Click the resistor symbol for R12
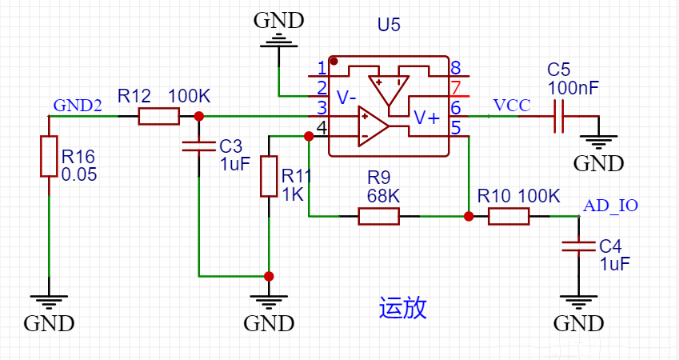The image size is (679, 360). coord(158,117)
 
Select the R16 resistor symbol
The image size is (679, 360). coord(49,156)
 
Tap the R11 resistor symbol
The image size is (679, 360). coord(269,176)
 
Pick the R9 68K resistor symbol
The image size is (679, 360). coord(378,216)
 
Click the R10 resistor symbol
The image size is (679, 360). coord(508,216)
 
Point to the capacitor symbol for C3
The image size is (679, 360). coord(198,146)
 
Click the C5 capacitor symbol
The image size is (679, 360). coord(559,117)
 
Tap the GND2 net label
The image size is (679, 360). coord(78,106)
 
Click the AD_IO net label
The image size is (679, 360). coord(610,206)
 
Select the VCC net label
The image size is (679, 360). coord(511,106)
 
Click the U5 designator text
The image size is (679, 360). coord(389,25)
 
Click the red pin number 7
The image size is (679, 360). coord(455,87)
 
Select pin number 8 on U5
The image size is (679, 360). coord(455,68)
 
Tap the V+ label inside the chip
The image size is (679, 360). coord(426,118)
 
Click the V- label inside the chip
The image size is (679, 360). coord(346,98)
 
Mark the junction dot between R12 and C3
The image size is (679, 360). coord(198,117)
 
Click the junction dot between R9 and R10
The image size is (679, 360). coord(469,216)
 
